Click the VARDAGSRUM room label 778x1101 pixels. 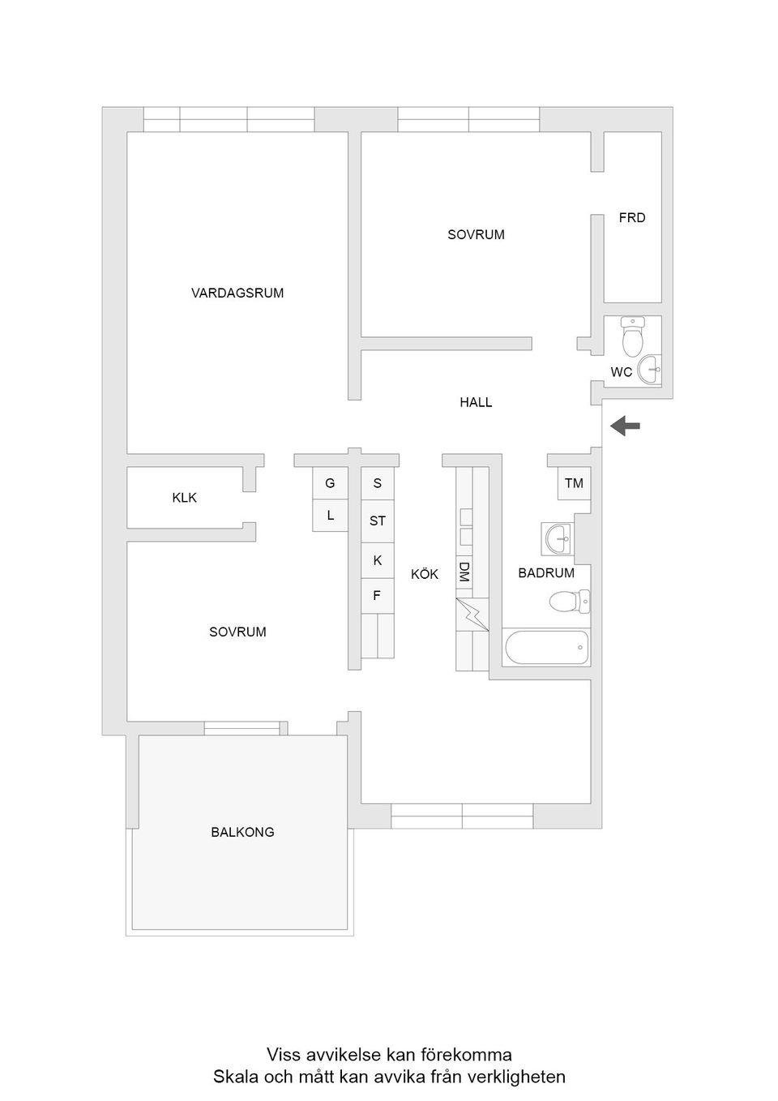[237, 293]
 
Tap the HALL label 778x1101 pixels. [476, 402]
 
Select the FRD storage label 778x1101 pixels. [632, 217]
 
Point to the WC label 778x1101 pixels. [621, 372]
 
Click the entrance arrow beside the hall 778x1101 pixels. [625, 425]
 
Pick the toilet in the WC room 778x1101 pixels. [632, 336]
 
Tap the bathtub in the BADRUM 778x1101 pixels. [546, 647]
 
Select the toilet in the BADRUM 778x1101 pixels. [569, 602]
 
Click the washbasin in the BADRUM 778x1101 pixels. [558, 537]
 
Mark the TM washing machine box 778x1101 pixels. [574, 483]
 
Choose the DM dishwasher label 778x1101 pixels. [464, 572]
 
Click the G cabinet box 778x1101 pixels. [330, 483]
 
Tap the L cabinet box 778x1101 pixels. [330, 515]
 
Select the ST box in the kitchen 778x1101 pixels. [378, 521]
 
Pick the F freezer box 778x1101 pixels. [377, 596]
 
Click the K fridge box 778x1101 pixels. [377, 560]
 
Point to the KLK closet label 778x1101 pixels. [185, 498]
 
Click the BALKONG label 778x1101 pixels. [242, 832]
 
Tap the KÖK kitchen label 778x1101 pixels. [424, 574]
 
